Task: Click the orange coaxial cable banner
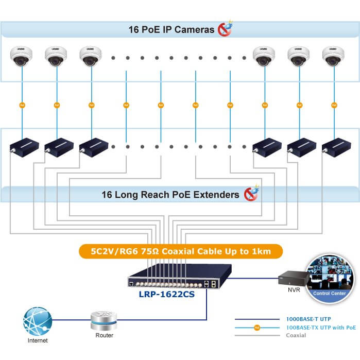point(181,252)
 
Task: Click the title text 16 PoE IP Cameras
point(171,30)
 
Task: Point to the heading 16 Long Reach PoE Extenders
point(170,195)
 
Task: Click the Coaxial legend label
point(296,335)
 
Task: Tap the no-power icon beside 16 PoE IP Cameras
point(225,28)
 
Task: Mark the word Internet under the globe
point(38,340)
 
